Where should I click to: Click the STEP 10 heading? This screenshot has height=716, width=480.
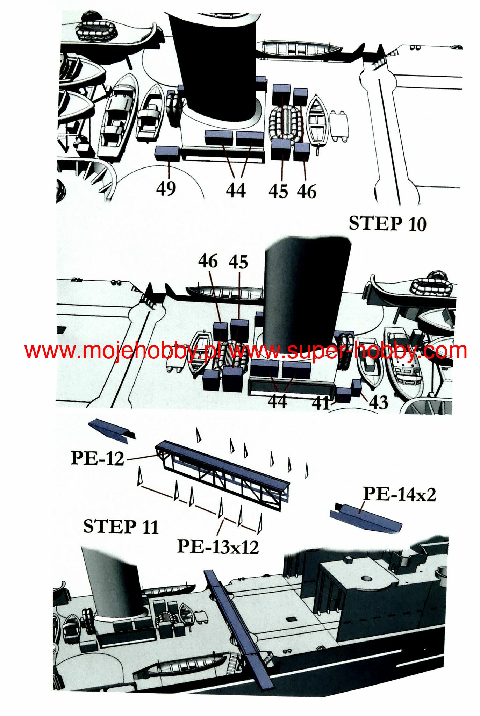(388, 224)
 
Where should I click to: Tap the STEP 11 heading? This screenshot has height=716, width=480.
(121, 527)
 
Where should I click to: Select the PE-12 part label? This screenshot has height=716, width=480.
(98, 458)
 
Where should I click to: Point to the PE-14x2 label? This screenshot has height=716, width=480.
(400, 494)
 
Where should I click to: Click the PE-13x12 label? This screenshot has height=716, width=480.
(218, 546)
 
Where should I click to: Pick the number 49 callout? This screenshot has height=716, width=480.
(166, 189)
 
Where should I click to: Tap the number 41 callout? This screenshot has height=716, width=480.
(321, 403)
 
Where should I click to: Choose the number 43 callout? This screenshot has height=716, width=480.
(379, 402)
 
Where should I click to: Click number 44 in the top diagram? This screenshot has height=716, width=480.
(236, 191)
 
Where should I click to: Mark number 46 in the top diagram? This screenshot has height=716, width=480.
(307, 191)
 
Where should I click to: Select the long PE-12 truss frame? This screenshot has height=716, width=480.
(223, 471)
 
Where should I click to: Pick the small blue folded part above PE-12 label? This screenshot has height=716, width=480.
(111, 429)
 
